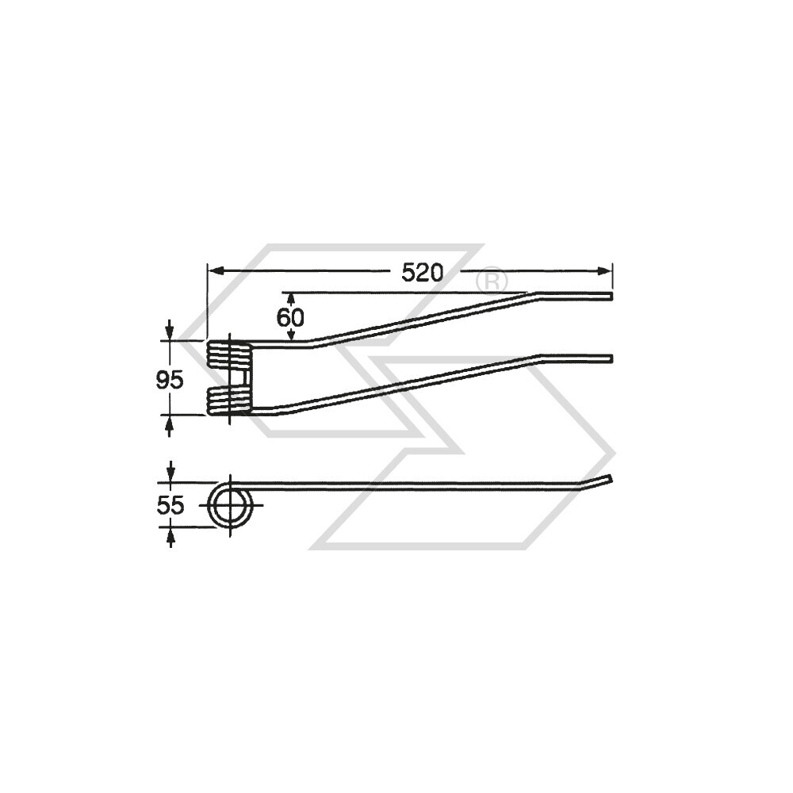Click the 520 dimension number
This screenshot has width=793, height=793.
[423, 273]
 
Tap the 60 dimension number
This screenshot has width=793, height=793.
[290, 318]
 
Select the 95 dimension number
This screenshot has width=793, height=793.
[170, 380]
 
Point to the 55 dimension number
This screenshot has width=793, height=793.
[170, 505]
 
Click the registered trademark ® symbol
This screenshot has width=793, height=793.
[492, 282]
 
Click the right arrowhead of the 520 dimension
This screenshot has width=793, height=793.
[604, 271]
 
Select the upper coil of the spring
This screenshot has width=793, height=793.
[230, 353]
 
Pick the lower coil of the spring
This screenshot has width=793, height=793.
[230, 400]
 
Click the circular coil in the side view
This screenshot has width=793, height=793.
[212, 506]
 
